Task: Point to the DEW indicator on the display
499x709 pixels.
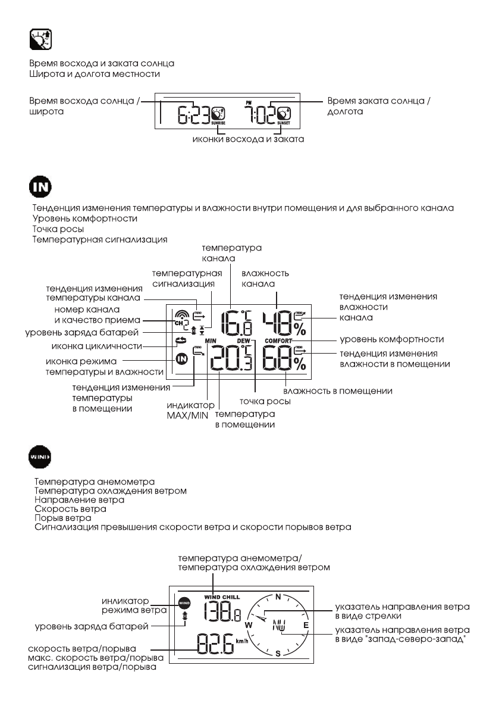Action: [244, 341]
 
